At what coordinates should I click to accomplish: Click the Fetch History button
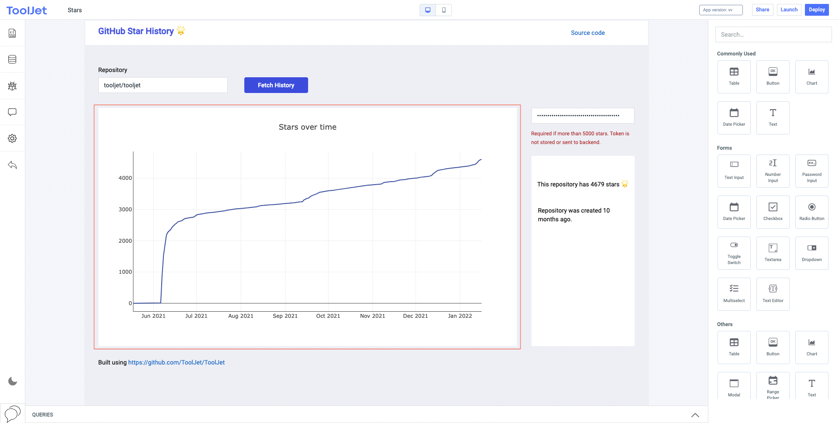(276, 85)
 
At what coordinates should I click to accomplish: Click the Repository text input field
(163, 85)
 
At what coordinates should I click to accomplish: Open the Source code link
(587, 33)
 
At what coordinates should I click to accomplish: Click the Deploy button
(816, 10)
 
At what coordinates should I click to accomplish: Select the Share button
(762, 10)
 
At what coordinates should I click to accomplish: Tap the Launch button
(789, 10)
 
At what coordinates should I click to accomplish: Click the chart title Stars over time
(307, 127)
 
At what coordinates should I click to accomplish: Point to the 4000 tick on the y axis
(125, 178)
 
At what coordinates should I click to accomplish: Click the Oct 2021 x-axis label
(328, 316)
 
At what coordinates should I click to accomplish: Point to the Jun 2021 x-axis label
(153, 316)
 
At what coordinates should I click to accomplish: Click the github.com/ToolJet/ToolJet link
(176, 362)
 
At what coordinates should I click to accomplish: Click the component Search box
(773, 34)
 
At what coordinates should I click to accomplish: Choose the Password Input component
(811, 171)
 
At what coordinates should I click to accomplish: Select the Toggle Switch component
(734, 253)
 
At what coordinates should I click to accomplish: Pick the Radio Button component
(811, 212)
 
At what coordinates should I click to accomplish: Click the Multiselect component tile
(734, 294)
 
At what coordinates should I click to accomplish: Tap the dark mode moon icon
(13, 381)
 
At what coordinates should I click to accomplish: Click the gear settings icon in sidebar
(12, 138)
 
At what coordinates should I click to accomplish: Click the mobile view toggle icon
(444, 10)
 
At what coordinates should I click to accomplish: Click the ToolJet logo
(27, 10)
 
